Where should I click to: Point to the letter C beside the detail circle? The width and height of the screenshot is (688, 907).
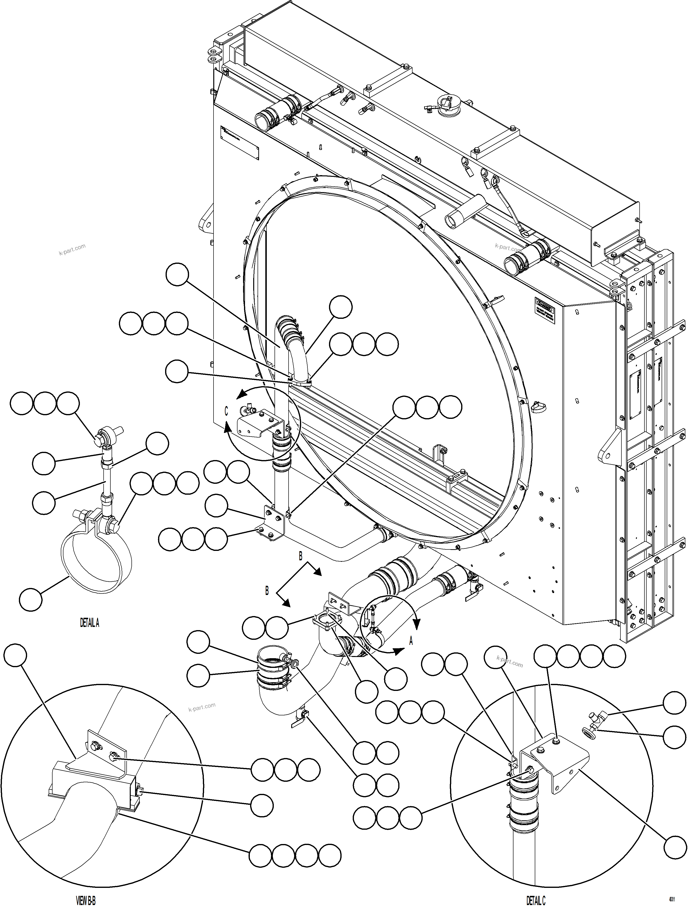(226, 412)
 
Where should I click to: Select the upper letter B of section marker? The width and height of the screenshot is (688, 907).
(300, 555)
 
